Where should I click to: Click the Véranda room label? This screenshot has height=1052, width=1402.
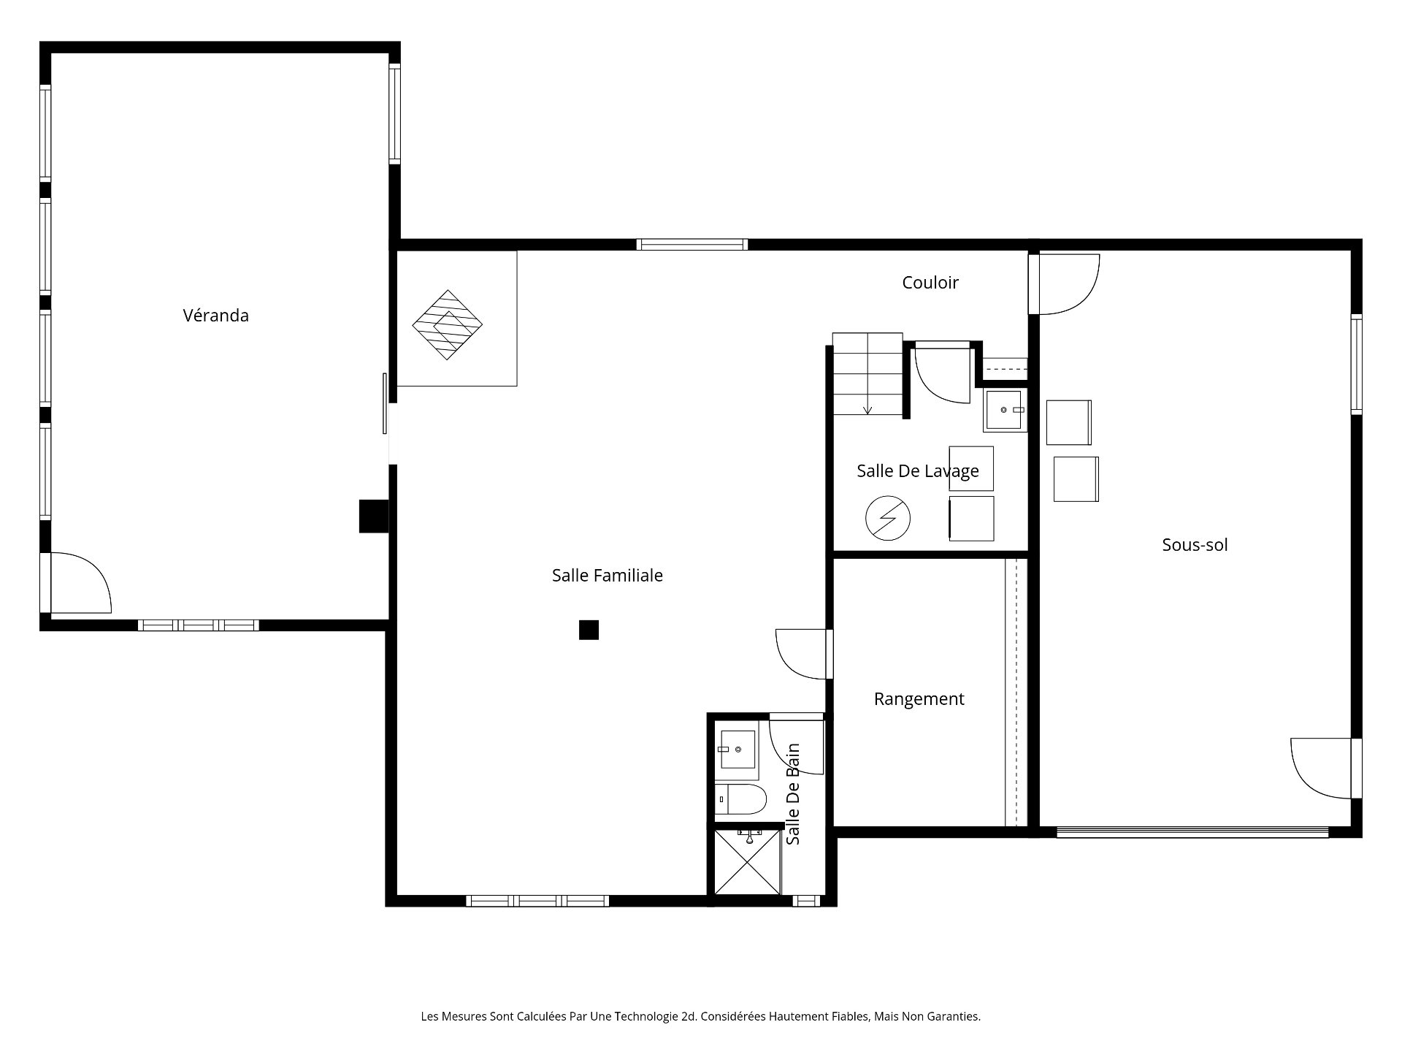click(215, 316)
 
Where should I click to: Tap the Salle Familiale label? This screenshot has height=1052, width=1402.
click(607, 576)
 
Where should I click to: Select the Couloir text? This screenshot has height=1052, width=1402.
click(930, 283)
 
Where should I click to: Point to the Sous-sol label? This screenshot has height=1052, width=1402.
click(1195, 545)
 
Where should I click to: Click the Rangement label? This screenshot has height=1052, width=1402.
click(919, 699)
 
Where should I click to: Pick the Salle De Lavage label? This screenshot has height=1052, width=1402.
click(917, 471)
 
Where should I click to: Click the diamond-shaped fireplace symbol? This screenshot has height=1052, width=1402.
click(448, 325)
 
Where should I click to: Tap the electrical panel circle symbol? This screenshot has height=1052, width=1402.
click(888, 519)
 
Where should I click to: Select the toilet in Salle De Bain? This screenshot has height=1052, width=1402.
click(741, 800)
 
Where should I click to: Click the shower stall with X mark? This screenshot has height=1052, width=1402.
click(747, 861)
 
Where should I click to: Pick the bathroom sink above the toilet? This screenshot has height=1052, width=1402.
click(738, 750)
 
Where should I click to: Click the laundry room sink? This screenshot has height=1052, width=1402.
click(1004, 411)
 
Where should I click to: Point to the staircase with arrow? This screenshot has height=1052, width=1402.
click(867, 374)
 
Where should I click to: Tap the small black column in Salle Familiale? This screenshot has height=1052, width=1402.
click(589, 630)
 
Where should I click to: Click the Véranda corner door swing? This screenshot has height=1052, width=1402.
click(79, 582)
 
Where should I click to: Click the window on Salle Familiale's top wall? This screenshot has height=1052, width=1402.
click(692, 245)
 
